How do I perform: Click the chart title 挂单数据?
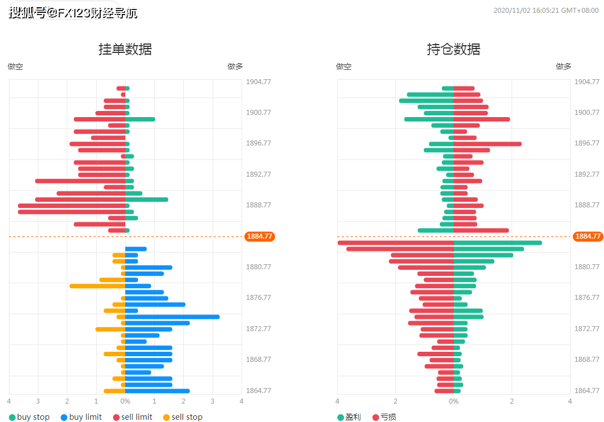tap(125, 49)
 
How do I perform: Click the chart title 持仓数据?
tap(454, 49)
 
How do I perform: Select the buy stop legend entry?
tap(29, 417)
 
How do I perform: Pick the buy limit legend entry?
tap(81, 417)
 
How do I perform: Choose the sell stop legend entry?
tap(183, 417)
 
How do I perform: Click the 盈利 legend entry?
tap(348, 417)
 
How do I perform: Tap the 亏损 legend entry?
tap(384, 417)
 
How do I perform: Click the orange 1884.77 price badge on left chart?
tap(259, 236)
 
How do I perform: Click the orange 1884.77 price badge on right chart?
tap(588, 236)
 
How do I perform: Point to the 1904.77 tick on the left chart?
tap(258, 82)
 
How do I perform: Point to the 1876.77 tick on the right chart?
tap(587, 298)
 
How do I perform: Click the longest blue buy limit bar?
tap(172, 317)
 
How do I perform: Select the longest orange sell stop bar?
tap(97, 286)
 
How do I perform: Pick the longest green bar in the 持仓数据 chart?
tap(498, 242)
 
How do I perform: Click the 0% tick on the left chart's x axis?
tap(125, 401)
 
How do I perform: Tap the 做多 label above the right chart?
tap(563, 66)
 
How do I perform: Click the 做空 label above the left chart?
tap(16, 66)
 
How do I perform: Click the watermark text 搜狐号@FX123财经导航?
tap(73, 13)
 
